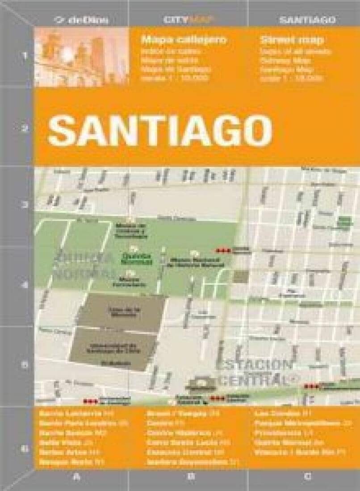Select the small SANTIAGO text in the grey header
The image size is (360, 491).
point(307,20)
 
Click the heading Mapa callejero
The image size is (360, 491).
point(184,40)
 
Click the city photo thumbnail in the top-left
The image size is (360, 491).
point(81,57)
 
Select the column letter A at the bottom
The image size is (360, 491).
point(76,477)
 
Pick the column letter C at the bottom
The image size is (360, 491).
point(307,477)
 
